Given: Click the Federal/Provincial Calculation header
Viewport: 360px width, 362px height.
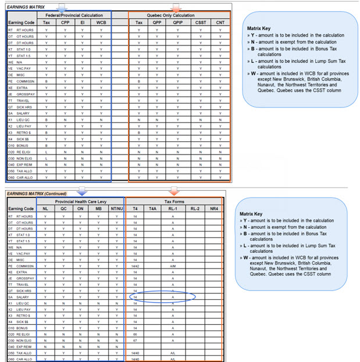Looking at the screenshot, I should [x=74, y=15].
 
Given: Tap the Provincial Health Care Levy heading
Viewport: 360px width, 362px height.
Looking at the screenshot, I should [x=81, y=200].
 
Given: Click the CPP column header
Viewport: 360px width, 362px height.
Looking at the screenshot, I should [x=65, y=23].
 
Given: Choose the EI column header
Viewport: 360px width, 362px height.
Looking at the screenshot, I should [x=83, y=23].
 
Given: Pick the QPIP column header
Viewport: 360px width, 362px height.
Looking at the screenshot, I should [x=177, y=23].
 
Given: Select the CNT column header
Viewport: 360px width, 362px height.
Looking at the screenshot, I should [x=220, y=23].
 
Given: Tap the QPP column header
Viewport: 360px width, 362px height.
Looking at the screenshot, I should [x=158, y=23].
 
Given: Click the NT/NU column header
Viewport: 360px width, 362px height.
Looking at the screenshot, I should [x=116, y=208].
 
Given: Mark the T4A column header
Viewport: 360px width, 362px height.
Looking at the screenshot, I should [x=152, y=208].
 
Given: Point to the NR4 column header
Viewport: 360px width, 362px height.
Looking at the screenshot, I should [x=214, y=208].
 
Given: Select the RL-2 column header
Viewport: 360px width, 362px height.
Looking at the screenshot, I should [x=194, y=208].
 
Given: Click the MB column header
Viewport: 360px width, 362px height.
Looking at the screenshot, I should [x=99, y=208].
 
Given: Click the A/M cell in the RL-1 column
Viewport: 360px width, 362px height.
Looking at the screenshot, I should [x=173, y=266].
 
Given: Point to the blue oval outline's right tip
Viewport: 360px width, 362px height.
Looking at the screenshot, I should [x=196, y=296].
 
